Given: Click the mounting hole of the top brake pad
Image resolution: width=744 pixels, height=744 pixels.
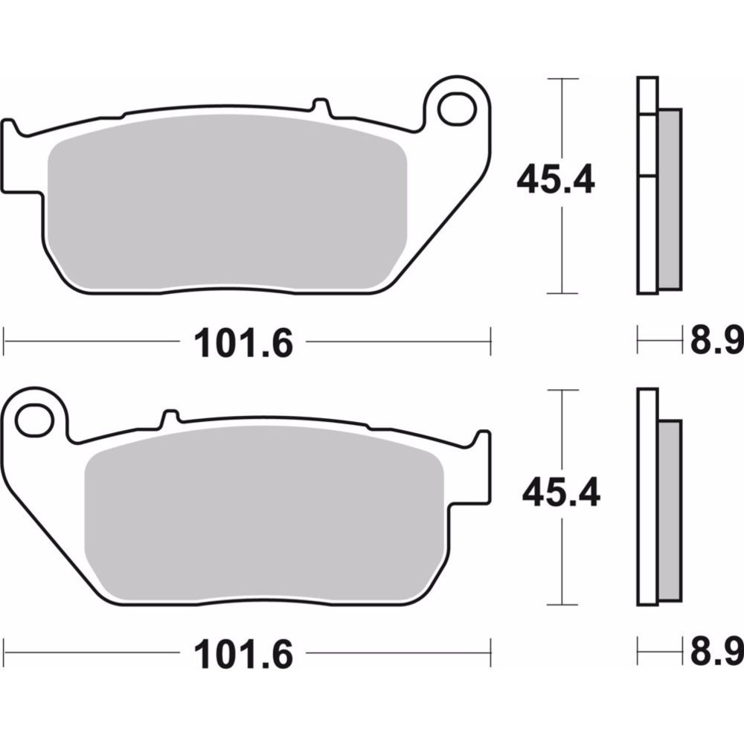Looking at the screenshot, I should [x=457, y=109].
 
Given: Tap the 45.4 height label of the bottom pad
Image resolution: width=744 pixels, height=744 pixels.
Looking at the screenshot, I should [x=560, y=493].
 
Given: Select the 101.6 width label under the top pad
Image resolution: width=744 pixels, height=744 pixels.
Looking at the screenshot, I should [x=243, y=343].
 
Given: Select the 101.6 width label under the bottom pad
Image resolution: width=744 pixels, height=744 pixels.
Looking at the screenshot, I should [x=243, y=655].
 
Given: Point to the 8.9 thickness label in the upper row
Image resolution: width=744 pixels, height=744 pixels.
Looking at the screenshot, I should [x=717, y=343].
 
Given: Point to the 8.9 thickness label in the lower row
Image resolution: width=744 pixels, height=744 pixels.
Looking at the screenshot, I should [x=717, y=655].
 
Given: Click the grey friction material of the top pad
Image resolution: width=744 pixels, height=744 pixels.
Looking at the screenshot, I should [x=227, y=212].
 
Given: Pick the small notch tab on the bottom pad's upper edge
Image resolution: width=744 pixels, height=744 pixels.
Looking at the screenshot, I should [x=170, y=417].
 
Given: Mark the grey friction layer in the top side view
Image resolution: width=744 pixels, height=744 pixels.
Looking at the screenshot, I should [x=670, y=199].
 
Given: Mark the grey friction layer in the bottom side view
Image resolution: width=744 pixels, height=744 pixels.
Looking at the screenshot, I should [x=670, y=512].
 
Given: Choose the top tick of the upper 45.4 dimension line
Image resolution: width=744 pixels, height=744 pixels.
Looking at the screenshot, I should [x=562, y=78].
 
